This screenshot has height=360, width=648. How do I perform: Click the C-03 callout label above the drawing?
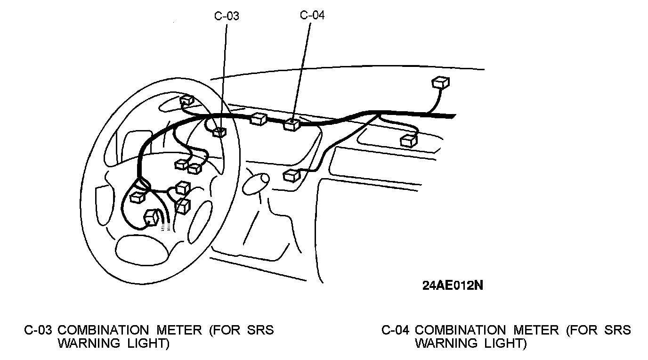tap(227, 16)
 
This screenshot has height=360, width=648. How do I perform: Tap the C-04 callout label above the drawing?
tap(312, 15)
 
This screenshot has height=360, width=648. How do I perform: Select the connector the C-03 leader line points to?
tap(218, 132)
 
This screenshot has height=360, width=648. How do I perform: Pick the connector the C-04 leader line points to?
tap(291, 124)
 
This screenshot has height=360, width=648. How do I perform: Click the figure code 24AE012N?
tap(452, 286)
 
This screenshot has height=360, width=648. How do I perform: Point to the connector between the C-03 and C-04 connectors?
tap(259, 119)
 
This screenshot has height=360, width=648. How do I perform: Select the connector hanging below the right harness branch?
tap(408, 140)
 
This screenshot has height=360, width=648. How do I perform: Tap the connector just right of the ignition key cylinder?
tap(292, 175)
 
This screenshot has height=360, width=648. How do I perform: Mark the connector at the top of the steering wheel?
tap(187, 101)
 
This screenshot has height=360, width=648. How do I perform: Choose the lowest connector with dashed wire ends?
tap(153, 217)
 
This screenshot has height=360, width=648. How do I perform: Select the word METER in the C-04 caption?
tap(536, 330)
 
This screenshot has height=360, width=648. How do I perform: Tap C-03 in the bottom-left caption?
tap(38, 330)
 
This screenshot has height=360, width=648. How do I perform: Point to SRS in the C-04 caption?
tap(618, 330)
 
